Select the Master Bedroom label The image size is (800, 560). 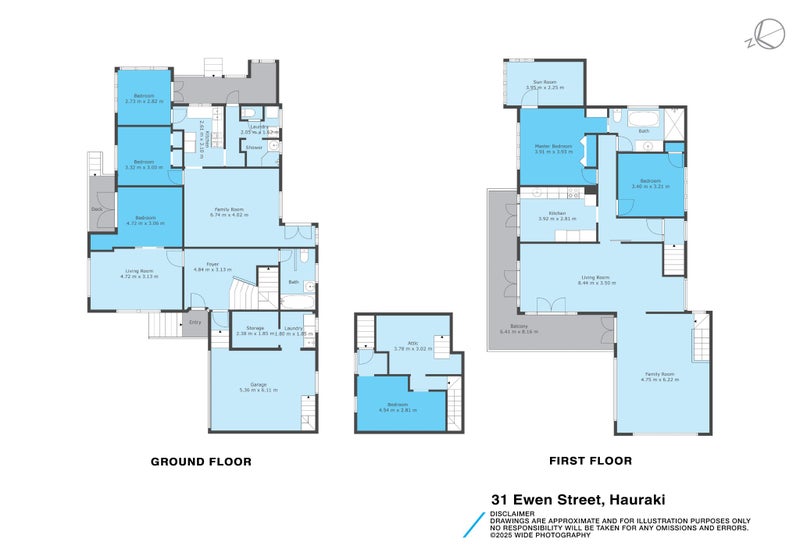(x=553, y=146)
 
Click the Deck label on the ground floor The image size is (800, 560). (x=97, y=208)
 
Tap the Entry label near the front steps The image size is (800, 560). (x=195, y=322)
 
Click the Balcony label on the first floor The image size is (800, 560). (x=519, y=326)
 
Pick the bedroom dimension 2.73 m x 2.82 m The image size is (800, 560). (x=144, y=101)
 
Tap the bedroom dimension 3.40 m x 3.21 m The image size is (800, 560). (x=649, y=187)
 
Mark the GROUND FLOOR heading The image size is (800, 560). (x=200, y=462)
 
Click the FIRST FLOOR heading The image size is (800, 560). (x=591, y=462)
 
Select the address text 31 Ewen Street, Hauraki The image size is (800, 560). (x=578, y=498)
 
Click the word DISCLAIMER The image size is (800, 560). (x=512, y=513)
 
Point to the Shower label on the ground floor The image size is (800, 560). (x=254, y=147)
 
